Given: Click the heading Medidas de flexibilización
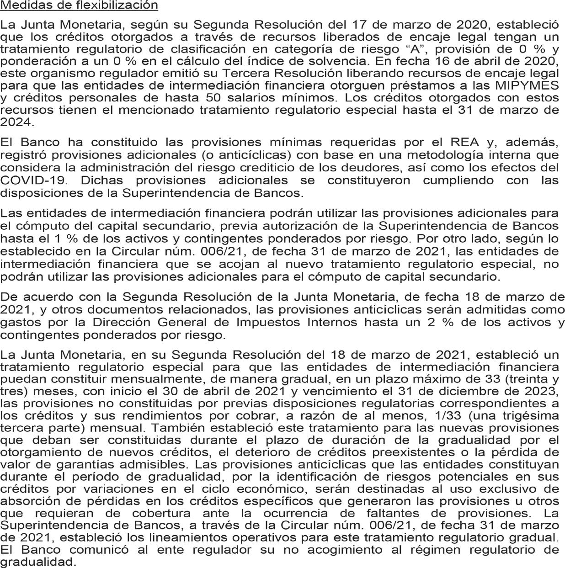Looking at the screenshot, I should [x=79, y=5].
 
